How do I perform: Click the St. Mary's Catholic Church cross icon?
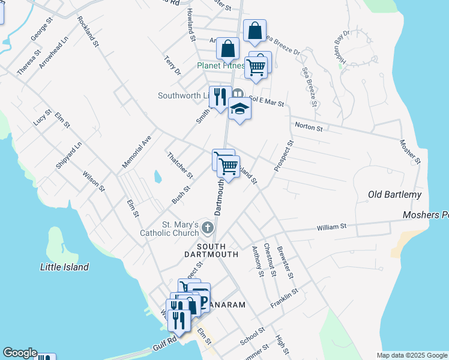208,227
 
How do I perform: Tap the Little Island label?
64,267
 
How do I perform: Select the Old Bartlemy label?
394,194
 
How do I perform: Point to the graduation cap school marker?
240,110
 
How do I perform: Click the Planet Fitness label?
221,65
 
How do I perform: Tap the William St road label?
332,226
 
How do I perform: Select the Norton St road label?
308,127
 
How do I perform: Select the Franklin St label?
285,298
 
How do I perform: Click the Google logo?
19,353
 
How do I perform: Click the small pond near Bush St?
157,176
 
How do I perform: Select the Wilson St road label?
94,180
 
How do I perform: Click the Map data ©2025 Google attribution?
411,355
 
